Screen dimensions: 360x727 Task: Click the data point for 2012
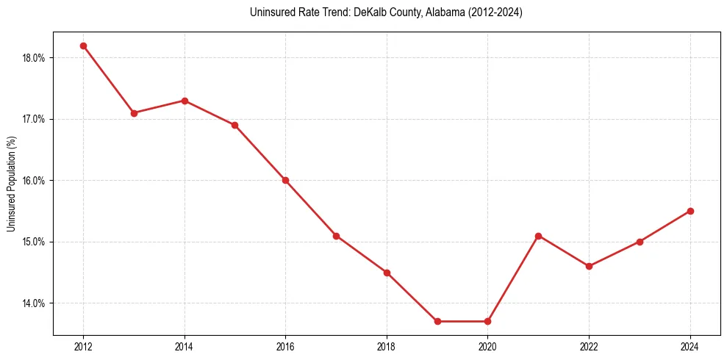[83, 46]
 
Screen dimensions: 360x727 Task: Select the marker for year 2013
[134, 113]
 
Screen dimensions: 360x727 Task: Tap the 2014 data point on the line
[185, 101]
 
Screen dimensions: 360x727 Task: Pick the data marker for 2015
[234, 125]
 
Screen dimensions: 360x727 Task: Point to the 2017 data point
[336, 236]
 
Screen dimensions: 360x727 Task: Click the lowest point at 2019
[437, 321]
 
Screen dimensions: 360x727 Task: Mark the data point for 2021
[538, 236]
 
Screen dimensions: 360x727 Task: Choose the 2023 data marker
[640, 242]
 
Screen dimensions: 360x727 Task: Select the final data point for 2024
[690, 211]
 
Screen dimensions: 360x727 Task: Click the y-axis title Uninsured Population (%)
[11, 183]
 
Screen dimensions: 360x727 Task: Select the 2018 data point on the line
[387, 273]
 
